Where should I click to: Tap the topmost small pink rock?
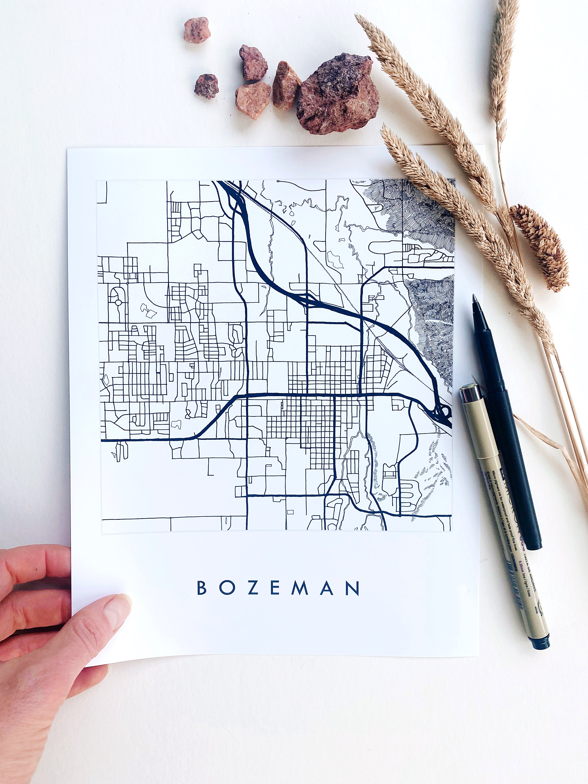[197, 29]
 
